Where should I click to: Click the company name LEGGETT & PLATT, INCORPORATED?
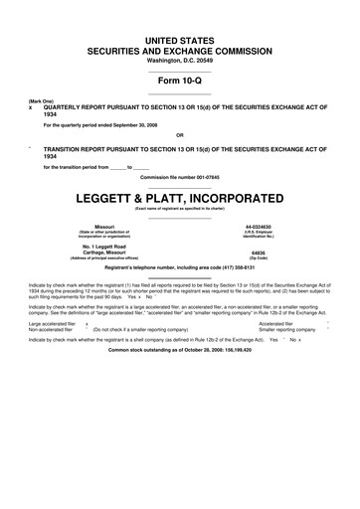[x=180, y=196]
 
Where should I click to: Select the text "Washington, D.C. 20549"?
[x=180, y=59]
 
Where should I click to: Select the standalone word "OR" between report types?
[x=179, y=135]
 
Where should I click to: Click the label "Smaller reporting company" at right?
[x=284, y=330]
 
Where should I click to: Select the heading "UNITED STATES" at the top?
[x=180, y=38]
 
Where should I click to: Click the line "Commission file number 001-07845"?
[x=180, y=176]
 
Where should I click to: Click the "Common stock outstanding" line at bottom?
[x=180, y=351]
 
